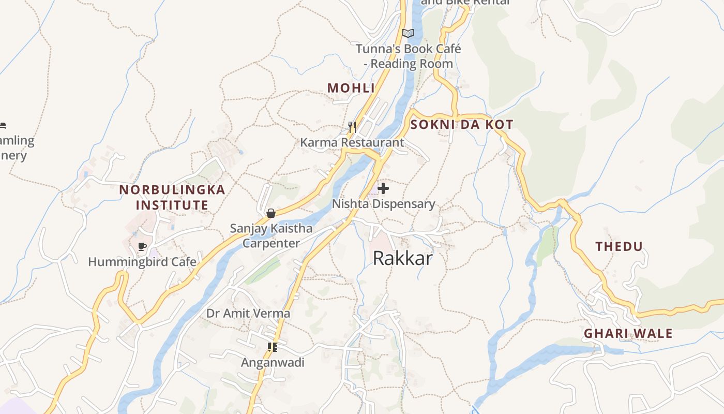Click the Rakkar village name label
[402, 258]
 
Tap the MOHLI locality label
[351, 88]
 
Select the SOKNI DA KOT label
[461, 124]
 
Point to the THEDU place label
[619, 246]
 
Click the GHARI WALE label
[628, 333]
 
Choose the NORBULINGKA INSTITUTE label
[172, 197]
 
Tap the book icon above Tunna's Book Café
[408, 34]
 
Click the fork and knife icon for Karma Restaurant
[352, 127]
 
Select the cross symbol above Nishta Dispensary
[383, 188]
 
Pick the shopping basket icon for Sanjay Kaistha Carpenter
[270, 213]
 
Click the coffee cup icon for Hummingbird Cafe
[142, 247]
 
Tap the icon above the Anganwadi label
[273, 347]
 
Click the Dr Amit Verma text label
[248, 313]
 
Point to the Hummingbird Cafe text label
[142, 262]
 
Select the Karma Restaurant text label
[352, 142]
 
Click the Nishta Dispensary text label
[383, 204]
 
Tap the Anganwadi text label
[273, 363]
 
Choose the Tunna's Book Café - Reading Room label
[408, 56]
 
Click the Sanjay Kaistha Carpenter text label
[271, 235]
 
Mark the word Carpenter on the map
[271, 243]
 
